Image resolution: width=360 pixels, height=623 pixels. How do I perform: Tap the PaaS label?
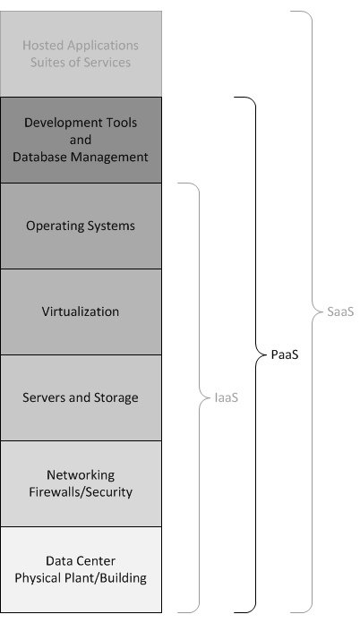(284, 354)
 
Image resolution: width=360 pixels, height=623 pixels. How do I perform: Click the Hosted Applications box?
(81, 54)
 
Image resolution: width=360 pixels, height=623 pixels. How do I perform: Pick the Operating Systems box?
(81, 226)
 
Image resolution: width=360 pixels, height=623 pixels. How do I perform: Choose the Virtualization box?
(81, 311)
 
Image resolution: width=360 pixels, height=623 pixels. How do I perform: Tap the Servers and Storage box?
(81, 397)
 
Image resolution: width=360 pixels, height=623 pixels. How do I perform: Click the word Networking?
(81, 475)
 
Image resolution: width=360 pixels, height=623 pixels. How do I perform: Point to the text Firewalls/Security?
(81, 491)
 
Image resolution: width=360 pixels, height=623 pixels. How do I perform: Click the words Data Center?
(81, 561)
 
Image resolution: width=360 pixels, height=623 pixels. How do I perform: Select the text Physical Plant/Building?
(81, 577)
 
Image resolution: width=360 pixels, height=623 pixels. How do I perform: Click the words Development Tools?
(81, 123)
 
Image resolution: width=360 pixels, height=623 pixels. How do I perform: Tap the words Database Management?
(81, 157)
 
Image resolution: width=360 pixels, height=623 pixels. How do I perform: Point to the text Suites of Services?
(81, 63)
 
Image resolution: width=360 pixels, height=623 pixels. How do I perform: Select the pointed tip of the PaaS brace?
(258, 354)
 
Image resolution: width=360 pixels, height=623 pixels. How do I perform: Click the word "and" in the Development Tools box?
(81, 140)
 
